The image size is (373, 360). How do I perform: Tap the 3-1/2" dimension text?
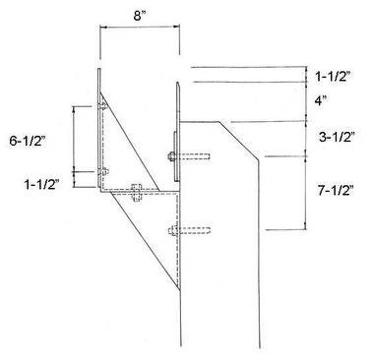pos(338,137)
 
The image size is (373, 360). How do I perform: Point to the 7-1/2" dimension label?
pos(336,191)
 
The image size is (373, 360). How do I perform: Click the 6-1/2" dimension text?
pos(28,142)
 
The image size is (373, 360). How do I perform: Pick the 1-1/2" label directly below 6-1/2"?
pos(41,185)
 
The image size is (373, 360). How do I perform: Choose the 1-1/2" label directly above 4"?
pos(333,77)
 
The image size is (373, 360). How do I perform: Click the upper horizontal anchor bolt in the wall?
pos(189,156)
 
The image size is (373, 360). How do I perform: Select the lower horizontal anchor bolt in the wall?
pos(189,230)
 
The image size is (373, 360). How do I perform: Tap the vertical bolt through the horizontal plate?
pos(136,193)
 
